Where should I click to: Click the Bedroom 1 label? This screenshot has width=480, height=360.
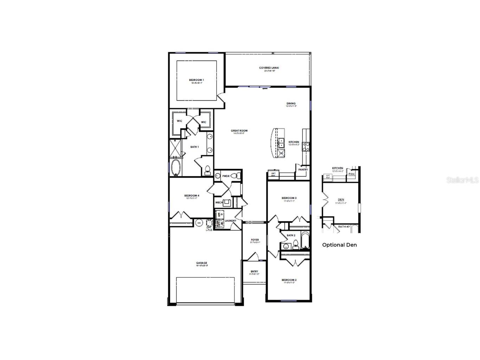click(197, 80)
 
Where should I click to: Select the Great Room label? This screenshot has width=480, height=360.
click(239, 131)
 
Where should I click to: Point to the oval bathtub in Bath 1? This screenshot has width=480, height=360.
click(175, 168)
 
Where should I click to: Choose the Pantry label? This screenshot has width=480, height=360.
click(303, 170)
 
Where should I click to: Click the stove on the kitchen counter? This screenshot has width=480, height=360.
click(306, 146)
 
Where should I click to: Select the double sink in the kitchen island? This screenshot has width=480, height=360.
click(281, 143)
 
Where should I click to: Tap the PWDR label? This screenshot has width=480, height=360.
click(226, 176)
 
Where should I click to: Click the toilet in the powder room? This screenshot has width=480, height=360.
click(238, 176)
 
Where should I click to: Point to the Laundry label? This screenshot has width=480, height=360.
click(231, 221)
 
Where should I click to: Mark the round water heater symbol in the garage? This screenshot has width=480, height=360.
click(199, 223)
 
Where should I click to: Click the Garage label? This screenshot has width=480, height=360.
click(202, 263)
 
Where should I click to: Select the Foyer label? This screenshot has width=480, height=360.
click(255, 240)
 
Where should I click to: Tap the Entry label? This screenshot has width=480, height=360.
click(255, 271)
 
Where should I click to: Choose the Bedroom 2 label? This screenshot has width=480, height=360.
click(289, 280)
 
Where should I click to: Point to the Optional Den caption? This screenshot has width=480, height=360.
click(339, 245)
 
